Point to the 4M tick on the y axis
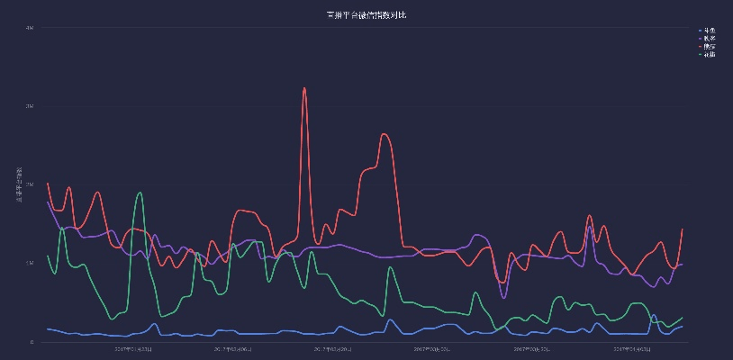coord(30,28)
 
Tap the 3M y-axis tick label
coord(30,106)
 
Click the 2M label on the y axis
coord(30,184)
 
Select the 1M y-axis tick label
coord(30,263)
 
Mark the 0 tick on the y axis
coord(32,342)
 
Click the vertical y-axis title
coord(19,184)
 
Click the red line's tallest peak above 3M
coord(304,88)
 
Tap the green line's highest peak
coord(139,193)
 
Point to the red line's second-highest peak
coord(385,134)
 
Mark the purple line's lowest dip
coord(503,298)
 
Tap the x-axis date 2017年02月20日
coord(330,349)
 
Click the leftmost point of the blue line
coord(47,329)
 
